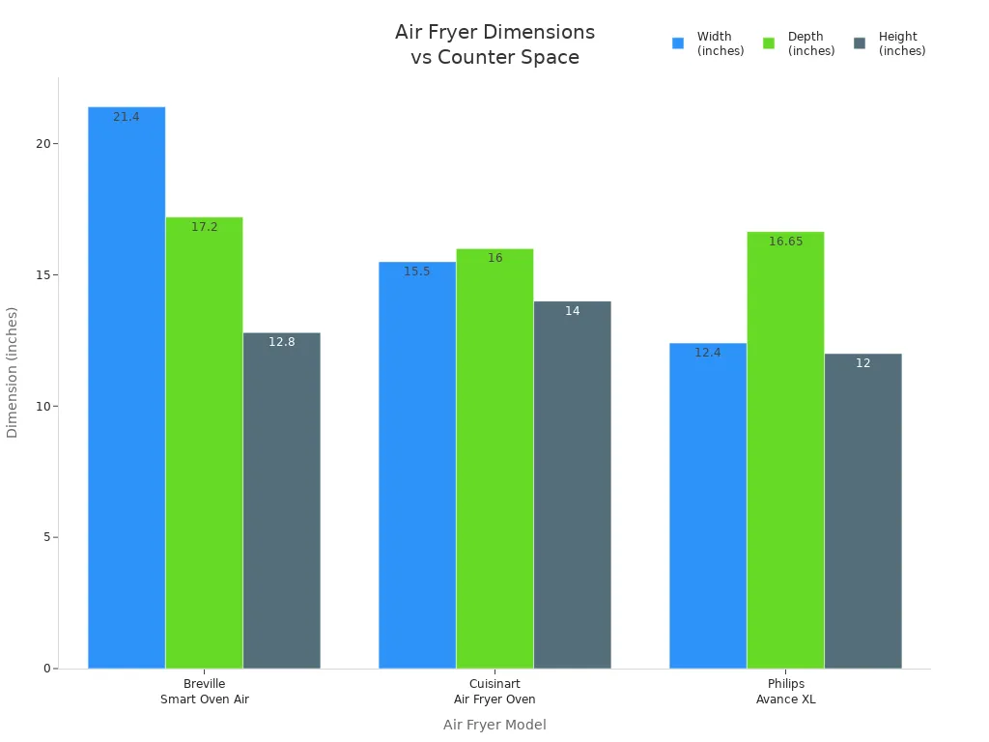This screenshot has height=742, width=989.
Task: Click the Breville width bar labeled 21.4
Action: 127,386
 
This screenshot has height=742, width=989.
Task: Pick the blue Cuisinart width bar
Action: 417,465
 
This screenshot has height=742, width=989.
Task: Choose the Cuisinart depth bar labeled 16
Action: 494,458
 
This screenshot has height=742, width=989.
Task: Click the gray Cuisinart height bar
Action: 572,484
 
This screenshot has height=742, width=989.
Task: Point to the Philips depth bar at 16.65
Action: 785,449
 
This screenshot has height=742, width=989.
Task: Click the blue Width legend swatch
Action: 678,43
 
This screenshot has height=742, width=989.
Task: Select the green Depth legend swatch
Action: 769,43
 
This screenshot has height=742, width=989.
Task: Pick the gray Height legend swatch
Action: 860,43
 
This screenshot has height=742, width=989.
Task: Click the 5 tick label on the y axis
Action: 44,537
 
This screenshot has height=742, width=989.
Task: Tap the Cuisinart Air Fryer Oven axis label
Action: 494,692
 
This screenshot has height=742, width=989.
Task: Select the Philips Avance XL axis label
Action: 785,692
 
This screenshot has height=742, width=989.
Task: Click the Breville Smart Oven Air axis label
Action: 204,692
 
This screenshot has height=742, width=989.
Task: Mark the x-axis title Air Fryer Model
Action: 494,725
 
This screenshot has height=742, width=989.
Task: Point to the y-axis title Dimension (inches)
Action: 13,372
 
